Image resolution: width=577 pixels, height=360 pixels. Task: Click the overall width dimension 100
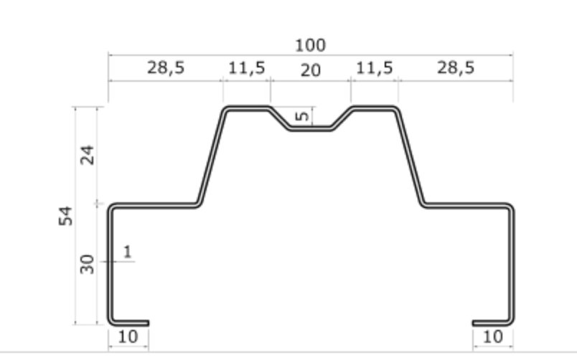[310, 45]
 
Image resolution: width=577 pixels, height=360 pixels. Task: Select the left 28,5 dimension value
[166, 68]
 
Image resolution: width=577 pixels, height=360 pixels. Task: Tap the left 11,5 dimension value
[247, 68]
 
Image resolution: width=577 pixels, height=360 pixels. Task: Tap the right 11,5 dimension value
[375, 68]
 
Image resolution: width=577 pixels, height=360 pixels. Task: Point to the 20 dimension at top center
[311, 71]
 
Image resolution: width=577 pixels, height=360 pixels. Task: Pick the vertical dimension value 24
[88, 155]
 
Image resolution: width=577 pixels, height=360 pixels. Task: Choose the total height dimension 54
[66, 215]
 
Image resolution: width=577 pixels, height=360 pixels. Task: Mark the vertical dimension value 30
[88, 264]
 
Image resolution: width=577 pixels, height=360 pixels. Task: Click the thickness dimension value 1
[127, 252]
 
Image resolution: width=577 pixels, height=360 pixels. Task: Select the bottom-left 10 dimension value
[128, 336]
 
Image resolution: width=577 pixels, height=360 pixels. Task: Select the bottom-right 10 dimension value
[493, 336]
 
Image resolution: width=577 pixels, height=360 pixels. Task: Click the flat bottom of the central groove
[311, 129]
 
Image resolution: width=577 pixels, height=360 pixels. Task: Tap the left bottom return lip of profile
[129, 323]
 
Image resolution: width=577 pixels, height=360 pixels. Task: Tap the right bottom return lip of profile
[492, 323]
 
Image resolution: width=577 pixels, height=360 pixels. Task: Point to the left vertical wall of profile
[110, 265]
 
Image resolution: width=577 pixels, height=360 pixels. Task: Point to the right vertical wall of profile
[512, 265]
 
